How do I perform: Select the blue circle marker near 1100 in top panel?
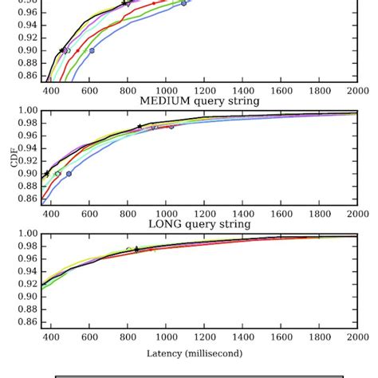click(184, 4)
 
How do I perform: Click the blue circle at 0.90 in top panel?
click(92, 50)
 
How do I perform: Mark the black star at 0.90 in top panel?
click(62, 50)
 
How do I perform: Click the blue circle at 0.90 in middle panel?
click(69, 174)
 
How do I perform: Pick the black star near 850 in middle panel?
click(140, 127)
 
